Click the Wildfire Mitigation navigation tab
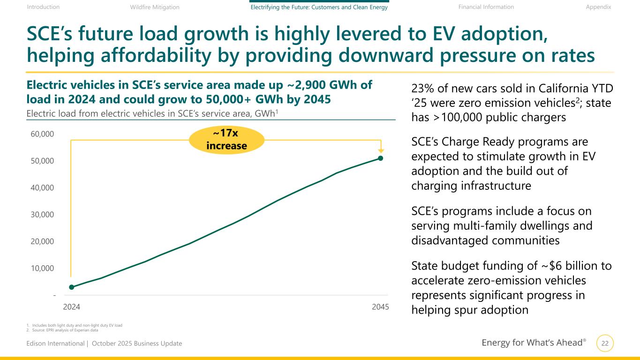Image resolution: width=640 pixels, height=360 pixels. coord(154,7)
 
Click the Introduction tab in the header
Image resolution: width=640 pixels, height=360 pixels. coord(43,7)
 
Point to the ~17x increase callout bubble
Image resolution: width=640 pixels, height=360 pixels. coord(226,140)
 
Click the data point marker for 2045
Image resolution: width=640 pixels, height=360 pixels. coord(381,158)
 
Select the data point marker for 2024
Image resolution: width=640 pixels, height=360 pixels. coord(71,287)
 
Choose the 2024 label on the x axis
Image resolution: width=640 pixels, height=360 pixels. coord(71,307)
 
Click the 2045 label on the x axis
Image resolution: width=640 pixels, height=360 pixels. coord(380,307)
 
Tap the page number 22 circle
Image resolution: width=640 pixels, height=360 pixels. coord(605,344)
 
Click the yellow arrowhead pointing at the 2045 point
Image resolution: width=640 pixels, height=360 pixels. coord(381,150)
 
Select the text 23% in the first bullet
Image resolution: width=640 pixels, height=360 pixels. coord(422,88)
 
